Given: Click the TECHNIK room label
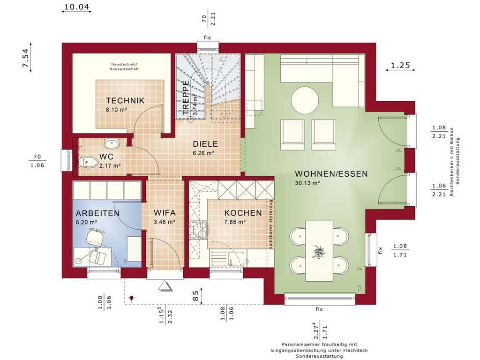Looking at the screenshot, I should [125, 100].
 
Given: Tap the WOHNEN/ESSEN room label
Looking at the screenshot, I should [331, 173].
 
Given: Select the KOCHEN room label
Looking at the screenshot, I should [242, 213].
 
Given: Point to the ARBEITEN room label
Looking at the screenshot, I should [97, 213].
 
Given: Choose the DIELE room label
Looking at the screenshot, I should [205, 144].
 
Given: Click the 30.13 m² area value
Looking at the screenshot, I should [307, 183].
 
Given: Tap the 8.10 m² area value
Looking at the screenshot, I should [117, 110].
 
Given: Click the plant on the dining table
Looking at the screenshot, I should [318, 252].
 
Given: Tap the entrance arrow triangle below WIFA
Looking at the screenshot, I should [165, 285].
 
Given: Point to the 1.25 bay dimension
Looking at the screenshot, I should [400, 66].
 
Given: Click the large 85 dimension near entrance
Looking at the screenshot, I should [195, 296].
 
